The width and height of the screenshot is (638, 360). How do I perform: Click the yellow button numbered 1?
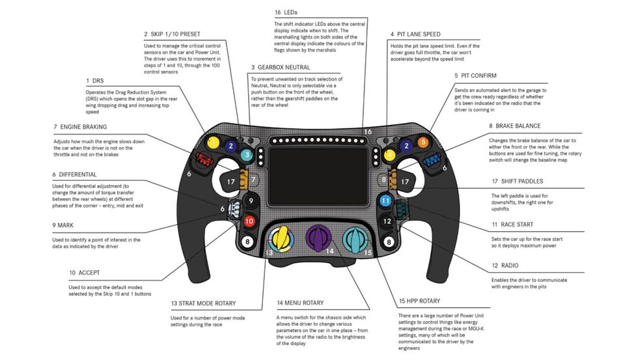pos(212,142)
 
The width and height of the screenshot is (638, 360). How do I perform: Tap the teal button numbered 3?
pos(247,155)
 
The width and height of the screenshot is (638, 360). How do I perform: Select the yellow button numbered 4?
pos(389,155)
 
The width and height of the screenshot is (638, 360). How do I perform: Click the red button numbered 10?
pos(248,221)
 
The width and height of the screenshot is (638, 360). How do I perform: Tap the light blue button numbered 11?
pos(385,201)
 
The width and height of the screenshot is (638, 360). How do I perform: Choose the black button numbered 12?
pos(387,221)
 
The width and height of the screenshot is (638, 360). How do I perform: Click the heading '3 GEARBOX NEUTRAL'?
pos(280,67)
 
